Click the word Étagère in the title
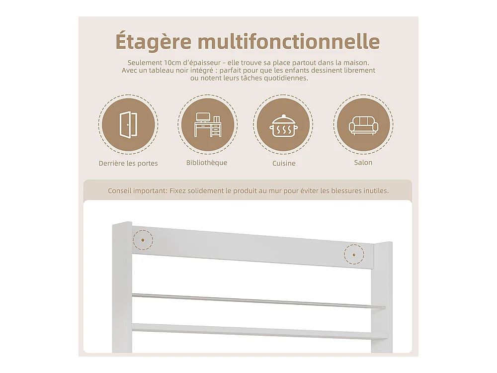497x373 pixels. pyautogui.click(x=153, y=41)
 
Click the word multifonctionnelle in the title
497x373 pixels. pyautogui.click(x=288, y=41)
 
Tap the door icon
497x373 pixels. pyautogui.click(x=128, y=125)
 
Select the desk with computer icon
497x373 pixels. pyautogui.click(x=208, y=125)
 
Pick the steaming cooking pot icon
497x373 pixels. pyautogui.click(x=283, y=126)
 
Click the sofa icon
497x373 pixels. pyautogui.click(x=363, y=125)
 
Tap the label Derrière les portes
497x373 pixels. pyautogui.click(x=128, y=163)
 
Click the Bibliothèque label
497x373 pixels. pyautogui.click(x=207, y=163)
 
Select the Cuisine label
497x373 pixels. pyautogui.click(x=284, y=163)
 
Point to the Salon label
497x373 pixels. pyautogui.click(x=363, y=163)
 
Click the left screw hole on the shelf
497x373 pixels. pyautogui.click(x=143, y=240)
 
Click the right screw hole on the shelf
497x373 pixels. pyautogui.click(x=354, y=254)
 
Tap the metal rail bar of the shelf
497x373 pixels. pyautogui.click(x=258, y=301)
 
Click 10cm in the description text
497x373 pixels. pyautogui.click(x=170, y=63)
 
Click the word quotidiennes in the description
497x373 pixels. pyautogui.click(x=288, y=78)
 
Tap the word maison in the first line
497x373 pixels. pyautogui.click(x=356, y=63)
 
